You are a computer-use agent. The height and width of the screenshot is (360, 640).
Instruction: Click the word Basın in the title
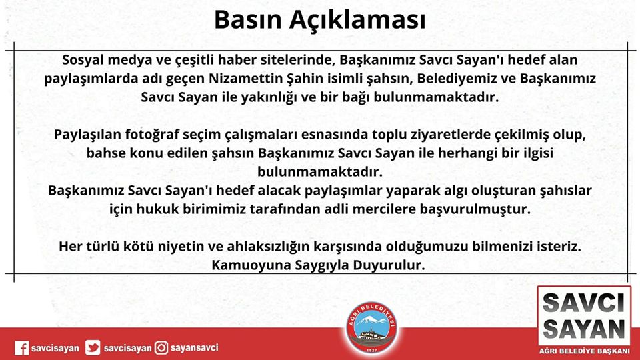tap(248, 19)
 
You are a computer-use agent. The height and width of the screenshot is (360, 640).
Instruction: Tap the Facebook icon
tap(21, 348)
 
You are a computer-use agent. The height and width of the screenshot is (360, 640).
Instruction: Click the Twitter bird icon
tap(93, 348)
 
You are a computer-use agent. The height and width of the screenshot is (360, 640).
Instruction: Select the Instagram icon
tap(161, 348)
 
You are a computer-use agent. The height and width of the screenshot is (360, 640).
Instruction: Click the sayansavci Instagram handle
tap(194, 348)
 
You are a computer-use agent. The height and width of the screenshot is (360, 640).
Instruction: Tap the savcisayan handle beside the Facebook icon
tap(55, 349)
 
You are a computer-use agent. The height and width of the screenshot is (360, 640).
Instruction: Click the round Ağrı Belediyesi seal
tap(371, 328)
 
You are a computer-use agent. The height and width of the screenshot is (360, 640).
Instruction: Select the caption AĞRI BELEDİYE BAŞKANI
tap(584, 351)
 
